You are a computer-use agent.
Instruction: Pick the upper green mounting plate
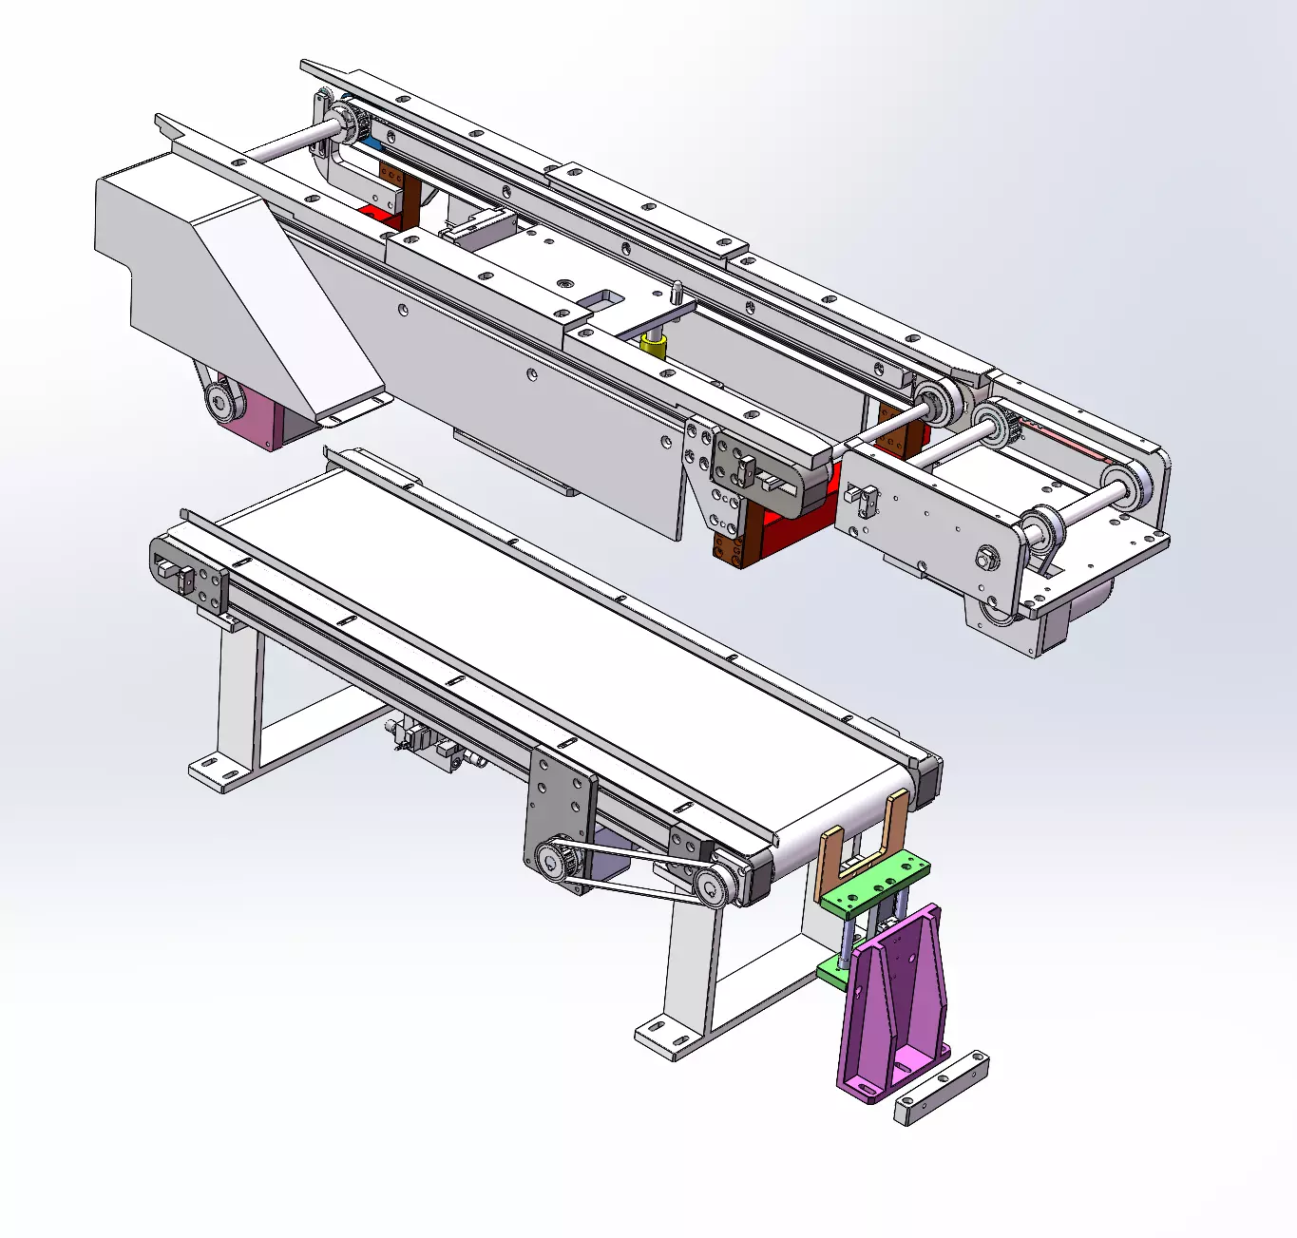[x=874, y=883]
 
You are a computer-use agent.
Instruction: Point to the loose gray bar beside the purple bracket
[x=941, y=1089]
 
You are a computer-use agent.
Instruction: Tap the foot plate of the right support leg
[x=665, y=1037]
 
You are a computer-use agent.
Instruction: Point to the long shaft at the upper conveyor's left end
[x=285, y=143]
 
